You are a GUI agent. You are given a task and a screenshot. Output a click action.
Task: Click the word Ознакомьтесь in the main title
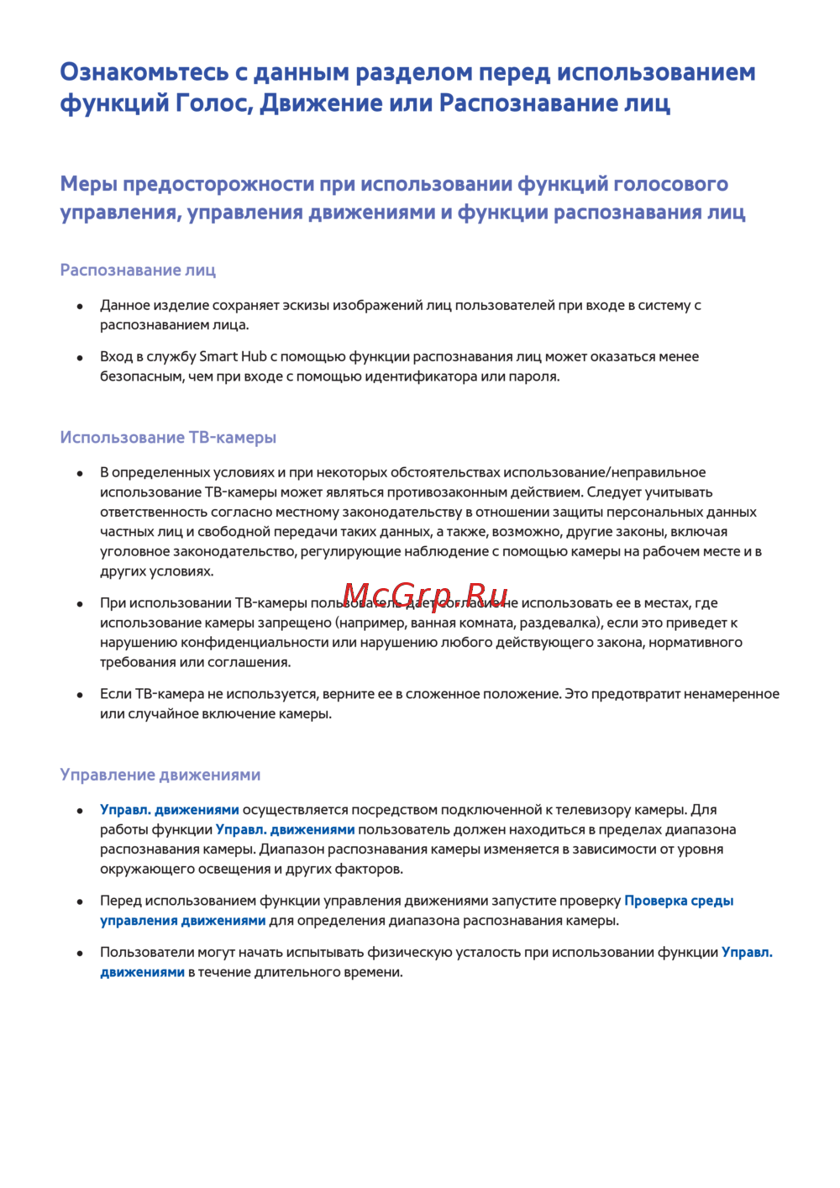(x=144, y=72)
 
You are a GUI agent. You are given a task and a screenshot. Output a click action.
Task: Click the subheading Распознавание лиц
(x=138, y=271)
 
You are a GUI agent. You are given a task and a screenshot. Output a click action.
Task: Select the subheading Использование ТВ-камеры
(x=168, y=438)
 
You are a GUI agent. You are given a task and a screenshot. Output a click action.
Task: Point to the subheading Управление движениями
(x=160, y=775)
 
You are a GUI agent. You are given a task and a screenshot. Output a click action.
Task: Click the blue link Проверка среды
(x=679, y=902)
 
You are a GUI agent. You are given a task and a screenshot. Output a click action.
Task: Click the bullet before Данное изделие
(x=81, y=307)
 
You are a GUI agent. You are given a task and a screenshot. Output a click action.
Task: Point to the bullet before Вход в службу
(x=81, y=358)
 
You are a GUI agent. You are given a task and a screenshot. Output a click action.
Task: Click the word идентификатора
(x=421, y=377)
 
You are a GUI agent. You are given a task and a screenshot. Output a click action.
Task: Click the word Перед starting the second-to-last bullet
(x=120, y=902)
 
